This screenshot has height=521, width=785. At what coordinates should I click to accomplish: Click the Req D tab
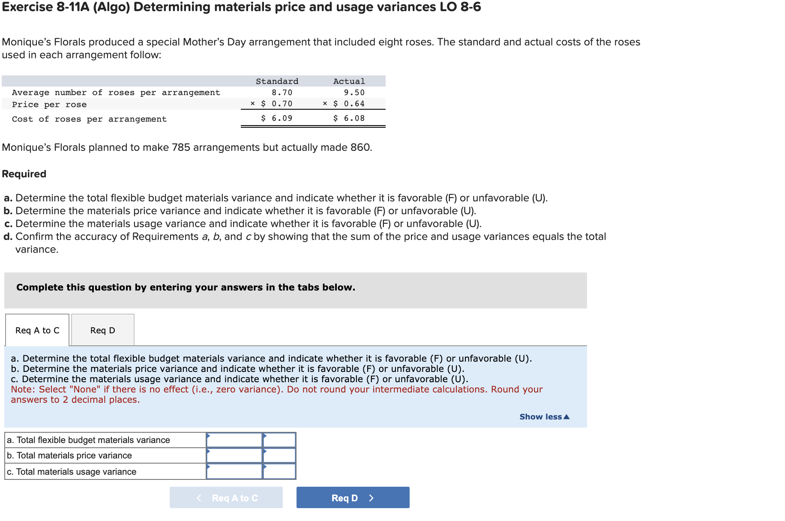click(102, 330)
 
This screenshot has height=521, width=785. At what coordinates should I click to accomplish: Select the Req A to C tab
click(37, 330)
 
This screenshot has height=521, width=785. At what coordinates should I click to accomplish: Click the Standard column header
click(277, 81)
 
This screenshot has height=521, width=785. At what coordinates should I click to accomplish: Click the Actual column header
click(349, 81)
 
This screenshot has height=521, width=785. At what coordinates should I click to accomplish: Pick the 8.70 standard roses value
click(282, 93)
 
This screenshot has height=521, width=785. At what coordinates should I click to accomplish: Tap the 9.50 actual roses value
click(354, 93)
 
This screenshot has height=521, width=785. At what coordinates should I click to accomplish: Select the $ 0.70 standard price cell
click(277, 104)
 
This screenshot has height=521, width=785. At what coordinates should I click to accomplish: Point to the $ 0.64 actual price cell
click(349, 104)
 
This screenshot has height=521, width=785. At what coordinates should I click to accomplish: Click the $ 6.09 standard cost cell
click(277, 118)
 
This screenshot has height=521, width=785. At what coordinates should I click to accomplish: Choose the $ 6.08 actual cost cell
click(349, 118)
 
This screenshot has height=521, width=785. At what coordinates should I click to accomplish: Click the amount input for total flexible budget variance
click(234, 440)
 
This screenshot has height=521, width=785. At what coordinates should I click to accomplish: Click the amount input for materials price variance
click(234, 456)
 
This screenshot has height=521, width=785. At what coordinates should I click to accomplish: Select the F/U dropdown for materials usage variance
click(279, 472)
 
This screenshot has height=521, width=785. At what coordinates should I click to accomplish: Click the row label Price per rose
click(49, 105)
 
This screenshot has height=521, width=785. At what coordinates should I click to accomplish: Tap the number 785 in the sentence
click(180, 147)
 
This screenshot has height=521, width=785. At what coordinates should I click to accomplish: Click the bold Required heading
click(24, 174)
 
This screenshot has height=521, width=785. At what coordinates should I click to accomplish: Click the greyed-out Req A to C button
click(226, 498)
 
